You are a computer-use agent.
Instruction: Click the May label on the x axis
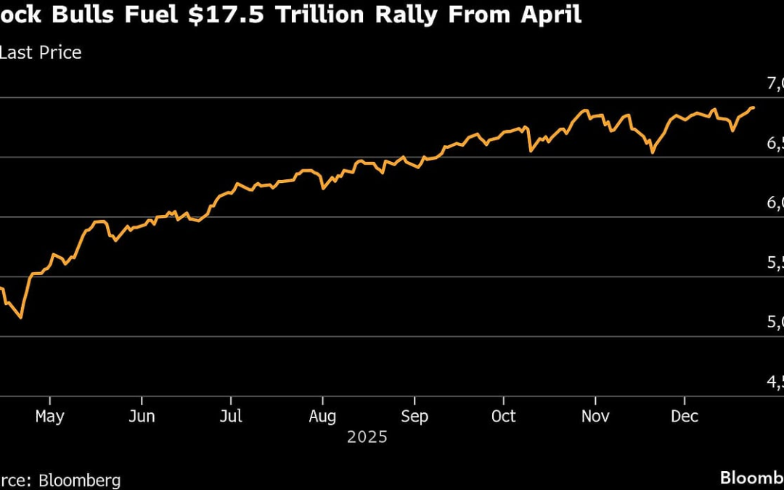(49, 416)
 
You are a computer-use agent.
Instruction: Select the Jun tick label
(141, 416)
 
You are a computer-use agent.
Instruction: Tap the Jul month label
(230, 416)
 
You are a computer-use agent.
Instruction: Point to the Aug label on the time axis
(322, 416)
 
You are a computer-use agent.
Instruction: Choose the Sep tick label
(415, 416)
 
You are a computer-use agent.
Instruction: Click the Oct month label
(503, 416)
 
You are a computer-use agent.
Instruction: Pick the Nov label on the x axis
(595, 416)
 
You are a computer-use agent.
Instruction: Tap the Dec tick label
(685, 416)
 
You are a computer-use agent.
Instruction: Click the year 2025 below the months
(367, 437)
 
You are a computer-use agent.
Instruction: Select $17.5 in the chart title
(213, 15)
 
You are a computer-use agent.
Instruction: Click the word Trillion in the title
(312, 15)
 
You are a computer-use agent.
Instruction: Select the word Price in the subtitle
(59, 52)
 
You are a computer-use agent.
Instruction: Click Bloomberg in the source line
(80, 480)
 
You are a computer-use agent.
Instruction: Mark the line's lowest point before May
(21, 318)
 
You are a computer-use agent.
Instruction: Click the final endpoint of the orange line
(753, 107)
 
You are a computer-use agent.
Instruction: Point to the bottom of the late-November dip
(653, 153)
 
